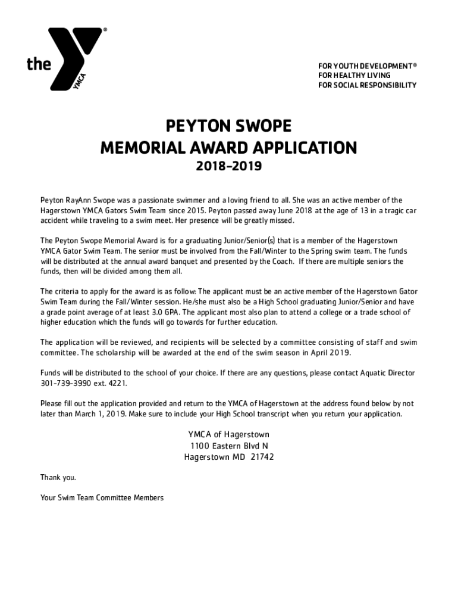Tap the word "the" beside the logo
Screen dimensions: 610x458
[39, 64]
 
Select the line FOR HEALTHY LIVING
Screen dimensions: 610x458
[355, 76]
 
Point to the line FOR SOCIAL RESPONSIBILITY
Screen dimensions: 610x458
[367, 85]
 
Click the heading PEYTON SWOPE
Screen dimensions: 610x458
[228, 126]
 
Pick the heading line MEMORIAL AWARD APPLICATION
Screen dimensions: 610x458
[228, 147]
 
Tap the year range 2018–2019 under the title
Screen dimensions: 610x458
[228, 167]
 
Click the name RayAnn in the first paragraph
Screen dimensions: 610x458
[78, 200]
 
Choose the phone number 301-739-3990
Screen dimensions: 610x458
[63, 383]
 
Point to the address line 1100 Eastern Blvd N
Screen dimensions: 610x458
[229, 446]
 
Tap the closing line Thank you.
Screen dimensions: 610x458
[58, 477]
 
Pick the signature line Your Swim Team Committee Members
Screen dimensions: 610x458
[101, 497]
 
